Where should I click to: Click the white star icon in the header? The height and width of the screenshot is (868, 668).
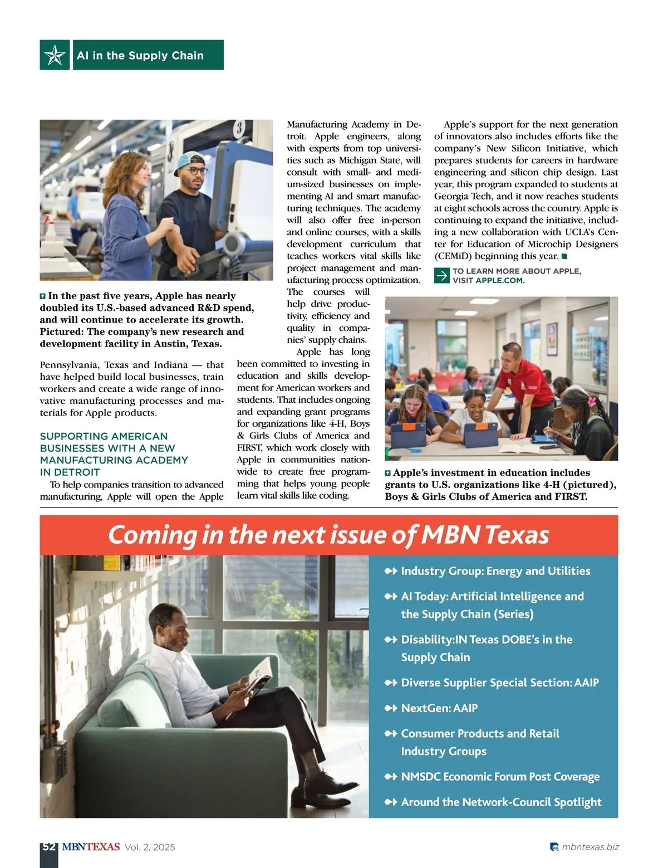click(55, 55)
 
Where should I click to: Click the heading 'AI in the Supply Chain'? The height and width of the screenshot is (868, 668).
click(140, 55)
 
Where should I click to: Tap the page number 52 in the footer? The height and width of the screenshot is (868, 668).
click(49, 847)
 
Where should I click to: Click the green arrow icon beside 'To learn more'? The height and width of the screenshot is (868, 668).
click(441, 276)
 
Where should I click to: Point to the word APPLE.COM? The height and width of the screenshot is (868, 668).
click(499, 280)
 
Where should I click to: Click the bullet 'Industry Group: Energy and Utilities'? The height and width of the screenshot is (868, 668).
click(495, 571)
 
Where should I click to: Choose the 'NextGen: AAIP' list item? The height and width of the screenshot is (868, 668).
click(439, 708)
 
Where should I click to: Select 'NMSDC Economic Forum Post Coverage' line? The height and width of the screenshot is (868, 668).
click(500, 777)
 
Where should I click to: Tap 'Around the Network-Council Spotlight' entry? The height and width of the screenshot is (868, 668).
click(501, 802)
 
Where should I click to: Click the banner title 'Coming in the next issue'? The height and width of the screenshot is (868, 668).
click(328, 535)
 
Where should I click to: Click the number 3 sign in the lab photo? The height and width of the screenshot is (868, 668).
click(239, 129)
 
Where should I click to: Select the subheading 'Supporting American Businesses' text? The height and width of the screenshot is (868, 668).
click(114, 453)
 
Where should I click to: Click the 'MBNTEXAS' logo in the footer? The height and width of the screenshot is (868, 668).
click(91, 847)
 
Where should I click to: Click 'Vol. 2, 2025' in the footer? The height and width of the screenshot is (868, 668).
click(150, 847)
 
